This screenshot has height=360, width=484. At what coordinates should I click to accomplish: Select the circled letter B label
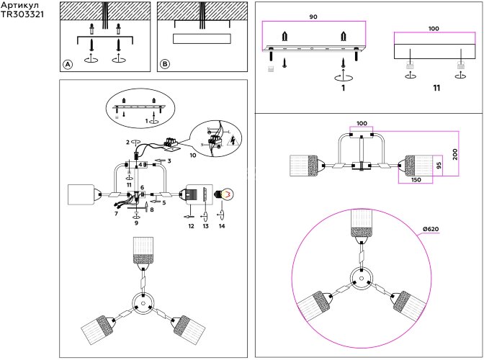165,64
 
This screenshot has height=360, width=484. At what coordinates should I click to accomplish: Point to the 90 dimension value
313,17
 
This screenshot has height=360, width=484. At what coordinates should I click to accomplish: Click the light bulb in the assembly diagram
226,194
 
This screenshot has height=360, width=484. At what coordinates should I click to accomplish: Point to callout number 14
222,227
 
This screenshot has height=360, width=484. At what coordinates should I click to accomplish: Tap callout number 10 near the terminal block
193,155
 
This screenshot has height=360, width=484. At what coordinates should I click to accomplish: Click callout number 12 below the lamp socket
191,227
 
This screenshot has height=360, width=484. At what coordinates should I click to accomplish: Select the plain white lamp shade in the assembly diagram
82,195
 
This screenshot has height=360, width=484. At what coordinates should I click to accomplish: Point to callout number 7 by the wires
115,214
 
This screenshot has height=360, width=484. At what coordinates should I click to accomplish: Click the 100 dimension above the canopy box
433,29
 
